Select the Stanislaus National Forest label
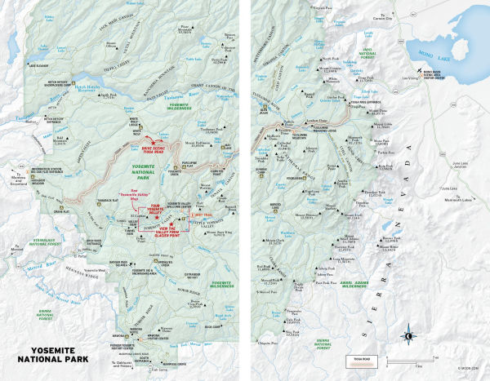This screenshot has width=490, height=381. coord(33,241)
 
